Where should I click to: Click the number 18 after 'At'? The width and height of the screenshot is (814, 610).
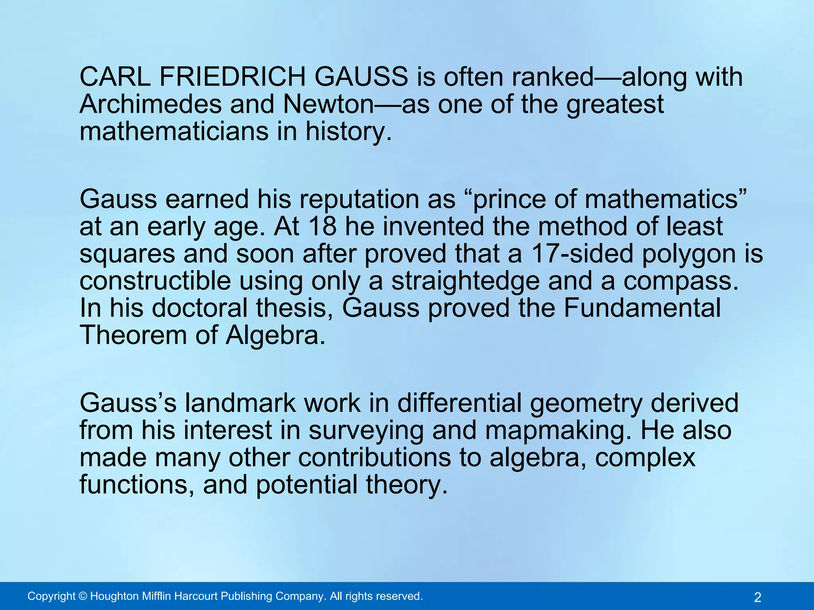(x=322, y=226)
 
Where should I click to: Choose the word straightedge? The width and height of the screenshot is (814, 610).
(x=465, y=281)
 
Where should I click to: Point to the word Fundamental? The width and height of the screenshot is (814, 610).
(x=642, y=308)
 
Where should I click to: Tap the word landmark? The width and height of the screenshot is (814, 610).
(x=240, y=403)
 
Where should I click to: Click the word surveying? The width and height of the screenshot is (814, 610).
(x=366, y=431)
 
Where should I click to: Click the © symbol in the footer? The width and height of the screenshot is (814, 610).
(x=83, y=596)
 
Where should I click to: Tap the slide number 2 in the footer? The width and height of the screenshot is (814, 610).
(x=758, y=597)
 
